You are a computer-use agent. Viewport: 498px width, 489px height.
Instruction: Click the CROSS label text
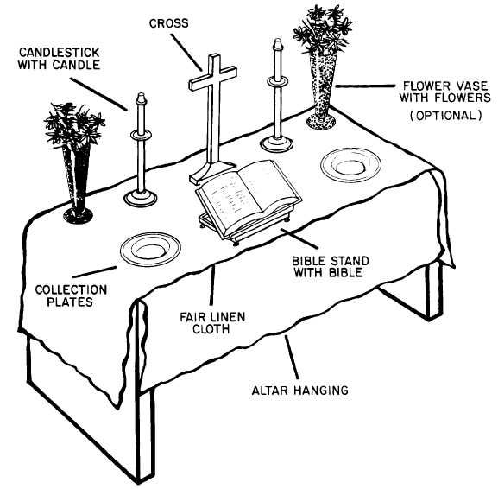pos(168,23)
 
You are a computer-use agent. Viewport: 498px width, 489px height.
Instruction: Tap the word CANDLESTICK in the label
pos(60,53)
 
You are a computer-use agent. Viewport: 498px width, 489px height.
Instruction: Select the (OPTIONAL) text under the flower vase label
pos(446,115)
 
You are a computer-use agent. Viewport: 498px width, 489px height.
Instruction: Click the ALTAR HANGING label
pos(299,391)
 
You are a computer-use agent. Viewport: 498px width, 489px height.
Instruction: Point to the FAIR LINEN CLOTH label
pos(212,323)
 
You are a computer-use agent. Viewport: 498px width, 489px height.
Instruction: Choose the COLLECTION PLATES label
pos(71,295)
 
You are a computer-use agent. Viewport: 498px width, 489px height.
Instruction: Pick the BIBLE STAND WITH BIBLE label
pos(331,267)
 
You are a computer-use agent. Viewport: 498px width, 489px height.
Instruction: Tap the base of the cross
pos(212,172)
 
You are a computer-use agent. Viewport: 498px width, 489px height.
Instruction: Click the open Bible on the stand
pos(248,195)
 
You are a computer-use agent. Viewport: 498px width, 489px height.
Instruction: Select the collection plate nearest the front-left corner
pos(150,250)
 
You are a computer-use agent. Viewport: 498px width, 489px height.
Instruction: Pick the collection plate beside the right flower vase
pos(350,165)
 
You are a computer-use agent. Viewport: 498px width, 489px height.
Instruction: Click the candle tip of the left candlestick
pos(141,98)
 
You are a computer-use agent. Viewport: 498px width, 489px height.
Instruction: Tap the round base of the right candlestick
pos(277,144)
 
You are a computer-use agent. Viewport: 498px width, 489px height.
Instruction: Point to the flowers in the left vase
pos(74,124)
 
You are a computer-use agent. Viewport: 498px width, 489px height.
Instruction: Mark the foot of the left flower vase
pos(78,215)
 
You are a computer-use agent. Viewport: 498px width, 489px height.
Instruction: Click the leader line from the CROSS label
pos(186,53)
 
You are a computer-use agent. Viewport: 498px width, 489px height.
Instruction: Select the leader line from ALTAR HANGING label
pos(292,357)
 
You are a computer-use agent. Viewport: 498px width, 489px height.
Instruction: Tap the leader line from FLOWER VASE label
pos(365,86)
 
